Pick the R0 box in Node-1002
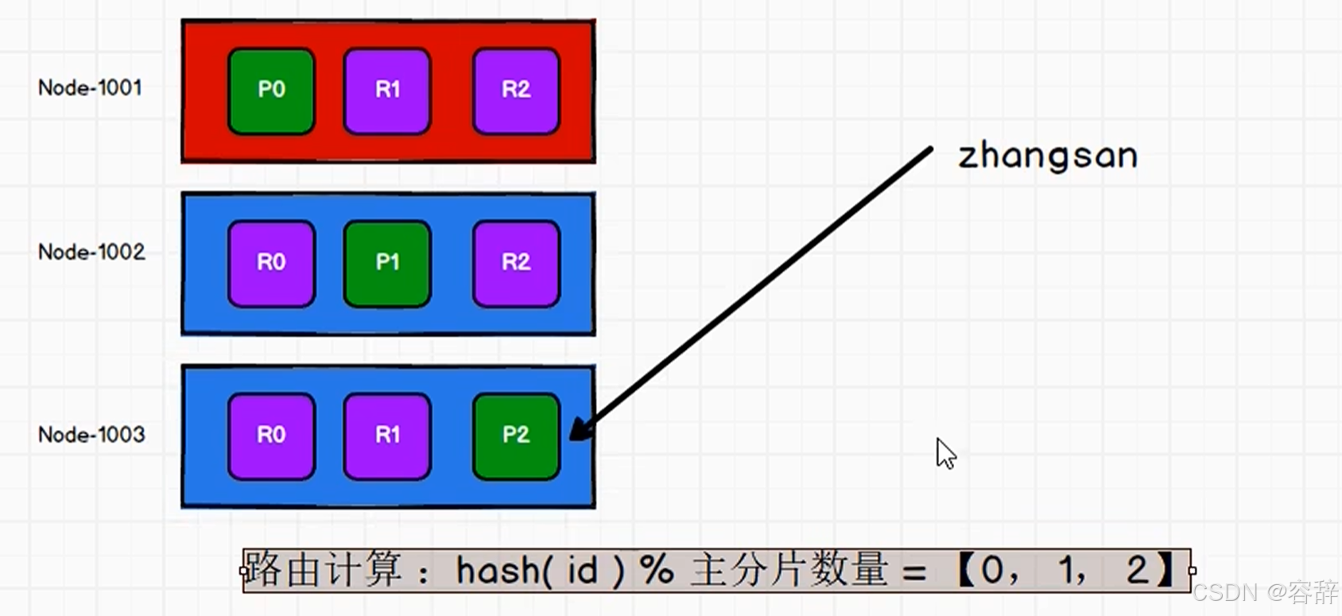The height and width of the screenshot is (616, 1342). coord(271,263)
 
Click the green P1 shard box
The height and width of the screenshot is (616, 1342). coord(387,263)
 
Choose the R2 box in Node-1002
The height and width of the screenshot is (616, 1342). coord(516,263)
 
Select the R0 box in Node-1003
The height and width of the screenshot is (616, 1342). coord(271,436)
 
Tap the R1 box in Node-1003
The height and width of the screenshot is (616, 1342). coord(387,436)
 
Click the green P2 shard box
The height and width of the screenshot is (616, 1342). coord(516,436)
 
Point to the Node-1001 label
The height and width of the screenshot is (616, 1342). coord(90,87)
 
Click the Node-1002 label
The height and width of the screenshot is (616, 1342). coord(91,252)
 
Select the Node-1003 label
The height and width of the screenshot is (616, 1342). coord(91,435)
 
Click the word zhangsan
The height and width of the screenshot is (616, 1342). coord(1047,156)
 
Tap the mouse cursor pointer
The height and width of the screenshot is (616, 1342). coord(944,453)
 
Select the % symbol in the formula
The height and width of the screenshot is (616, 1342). coord(657,570)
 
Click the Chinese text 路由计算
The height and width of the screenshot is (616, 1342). coord(323,570)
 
